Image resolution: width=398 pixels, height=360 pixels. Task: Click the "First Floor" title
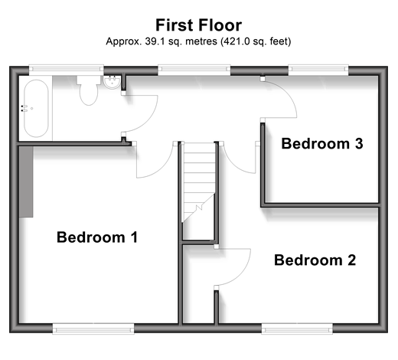point(199,25)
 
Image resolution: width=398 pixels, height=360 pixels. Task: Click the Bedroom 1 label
point(97,237)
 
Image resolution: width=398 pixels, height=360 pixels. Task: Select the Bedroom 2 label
point(315,260)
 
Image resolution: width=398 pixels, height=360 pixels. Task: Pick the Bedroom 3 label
point(322,143)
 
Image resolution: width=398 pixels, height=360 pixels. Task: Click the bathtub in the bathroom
point(36,109)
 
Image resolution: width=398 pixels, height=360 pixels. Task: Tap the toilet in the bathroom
point(89,90)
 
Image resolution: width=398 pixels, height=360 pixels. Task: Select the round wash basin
point(112,82)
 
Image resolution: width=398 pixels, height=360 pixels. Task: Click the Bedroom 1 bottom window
point(93,329)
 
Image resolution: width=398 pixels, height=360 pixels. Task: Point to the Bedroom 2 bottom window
point(297,329)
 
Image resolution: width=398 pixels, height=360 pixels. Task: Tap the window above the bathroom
point(66,70)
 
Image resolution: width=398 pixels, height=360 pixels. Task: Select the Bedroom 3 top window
point(318,70)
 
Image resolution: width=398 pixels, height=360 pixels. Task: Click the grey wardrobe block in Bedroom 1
point(26,182)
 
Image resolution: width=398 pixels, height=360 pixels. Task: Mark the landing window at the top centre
point(194,70)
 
